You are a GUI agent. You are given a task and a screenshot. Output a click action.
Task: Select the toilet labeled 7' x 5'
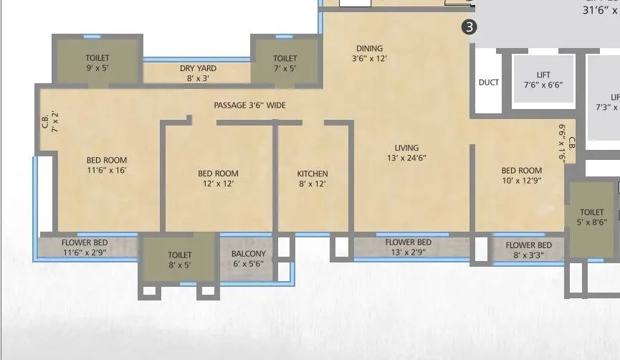[x=285, y=62]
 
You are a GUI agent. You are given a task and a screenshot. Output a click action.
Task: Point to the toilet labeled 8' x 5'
[x=179, y=259]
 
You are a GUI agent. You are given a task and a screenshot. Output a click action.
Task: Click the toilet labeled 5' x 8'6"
[x=592, y=217]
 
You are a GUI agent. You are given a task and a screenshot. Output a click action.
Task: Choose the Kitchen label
[x=313, y=179]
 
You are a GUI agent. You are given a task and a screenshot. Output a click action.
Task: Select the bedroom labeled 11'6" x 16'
[x=107, y=165]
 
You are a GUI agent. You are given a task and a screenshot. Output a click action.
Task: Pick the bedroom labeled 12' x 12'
[x=218, y=178]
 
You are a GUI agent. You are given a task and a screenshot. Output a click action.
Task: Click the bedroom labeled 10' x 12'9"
[x=521, y=175]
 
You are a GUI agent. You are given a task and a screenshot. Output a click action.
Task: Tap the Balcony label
[x=249, y=258]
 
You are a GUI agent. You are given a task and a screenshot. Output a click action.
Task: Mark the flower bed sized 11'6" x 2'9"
[x=85, y=247]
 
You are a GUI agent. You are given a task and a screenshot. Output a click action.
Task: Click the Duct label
[x=488, y=82]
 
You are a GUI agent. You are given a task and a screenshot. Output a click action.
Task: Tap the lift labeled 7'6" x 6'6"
[x=543, y=80]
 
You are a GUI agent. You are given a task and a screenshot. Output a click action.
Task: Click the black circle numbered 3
[x=469, y=27]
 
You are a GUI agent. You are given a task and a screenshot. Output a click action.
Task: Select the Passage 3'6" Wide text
[x=249, y=105]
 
